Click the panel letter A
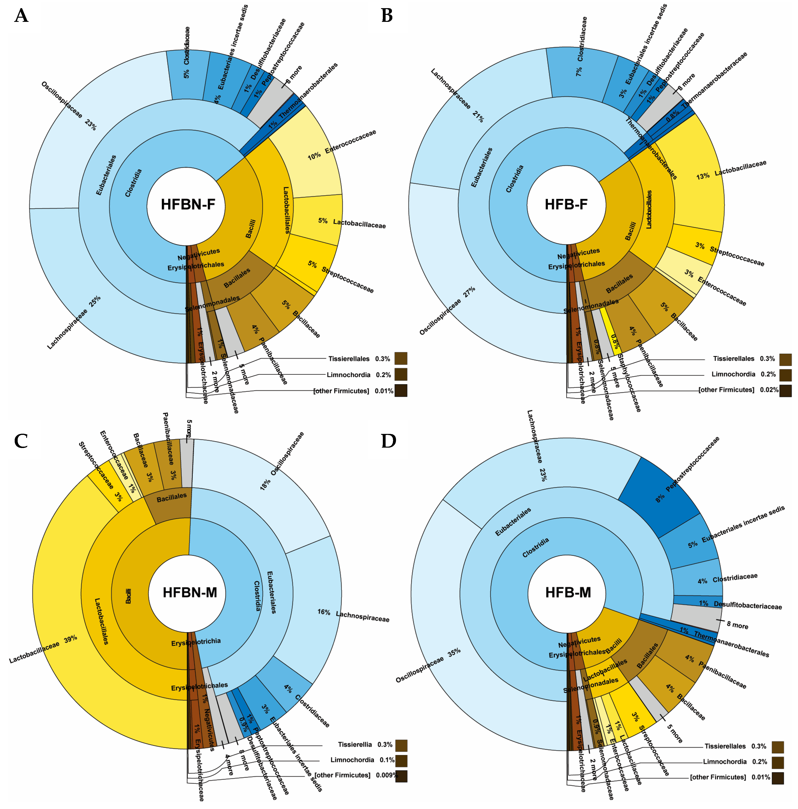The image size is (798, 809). point(21,16)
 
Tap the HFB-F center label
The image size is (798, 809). point(566,204)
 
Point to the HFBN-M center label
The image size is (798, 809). point(190,592)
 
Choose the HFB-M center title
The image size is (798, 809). point(568,592)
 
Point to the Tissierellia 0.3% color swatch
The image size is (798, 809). point(401,745)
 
